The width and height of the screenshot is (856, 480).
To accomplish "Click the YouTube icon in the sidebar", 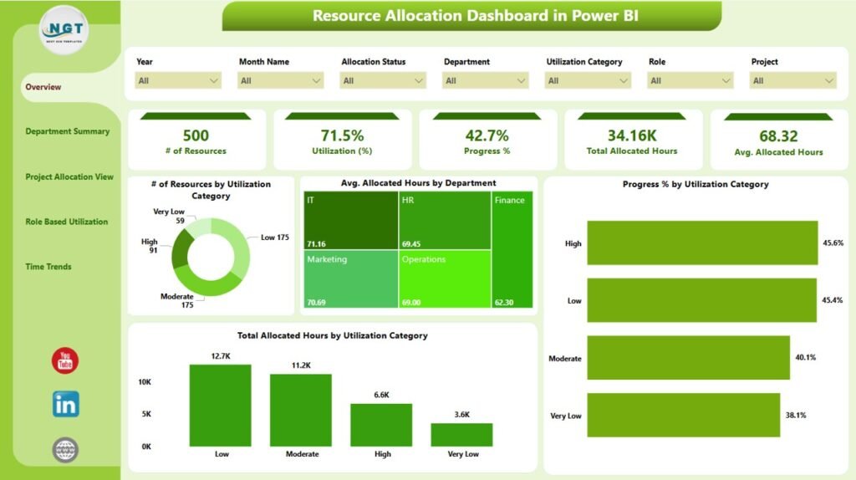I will pyautogui.click(x=65, y=361).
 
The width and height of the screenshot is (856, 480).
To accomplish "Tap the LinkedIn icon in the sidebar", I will pyautogui.click(x=65, y=405).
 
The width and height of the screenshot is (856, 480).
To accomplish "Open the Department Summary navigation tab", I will pyautogui.click(x=67, y=131).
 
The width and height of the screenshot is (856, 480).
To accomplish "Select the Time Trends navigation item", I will pyautogui.click(x=48, y=267).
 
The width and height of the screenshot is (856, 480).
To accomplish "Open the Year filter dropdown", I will pyautogui.click(x=178, y=80).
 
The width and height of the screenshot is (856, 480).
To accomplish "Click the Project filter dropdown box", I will pyautogui.click(x=792, y=80).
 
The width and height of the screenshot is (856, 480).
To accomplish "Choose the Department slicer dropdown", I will pyautogui.click(x=486, y=80).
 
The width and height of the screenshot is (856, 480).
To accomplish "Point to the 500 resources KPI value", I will pyautogui.click(x=196, y=135).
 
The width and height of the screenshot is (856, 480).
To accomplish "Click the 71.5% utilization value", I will pyautogui.click(x=341, y=135).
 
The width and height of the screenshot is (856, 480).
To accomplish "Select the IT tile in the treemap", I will pyautogui.click(x=350, y=221).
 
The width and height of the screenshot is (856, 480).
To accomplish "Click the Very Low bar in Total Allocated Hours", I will pyautogui.click(x=461, y=434).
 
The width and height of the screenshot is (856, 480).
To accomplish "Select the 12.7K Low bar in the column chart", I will pyautogui.click(x=220, y=405).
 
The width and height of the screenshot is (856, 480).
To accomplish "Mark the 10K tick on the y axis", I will pyautogui.click(x=145, y=381).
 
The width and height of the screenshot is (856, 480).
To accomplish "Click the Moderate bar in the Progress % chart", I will pyautogui.click(x=688, y=358).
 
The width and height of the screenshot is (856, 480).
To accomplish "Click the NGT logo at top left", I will pyautogui.click(x=65, y=30).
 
